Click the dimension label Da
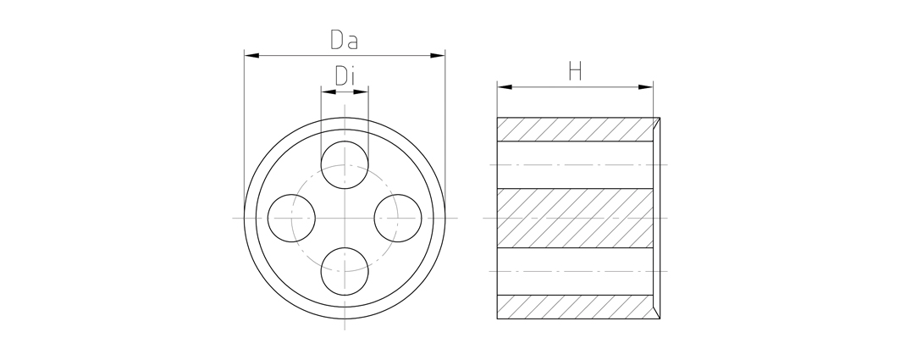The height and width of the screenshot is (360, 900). (x=344, y=39)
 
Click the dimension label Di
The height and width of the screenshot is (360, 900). (x=344, y=75)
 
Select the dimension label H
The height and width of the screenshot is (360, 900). (x=575, y=71)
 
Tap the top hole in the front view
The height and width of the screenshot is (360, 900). (x=345, y=165)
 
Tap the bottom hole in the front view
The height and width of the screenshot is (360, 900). (x=345, y=272)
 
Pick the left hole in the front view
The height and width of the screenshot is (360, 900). (x=291, y=219)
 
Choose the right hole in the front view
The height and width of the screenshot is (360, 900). (x=398, y=219)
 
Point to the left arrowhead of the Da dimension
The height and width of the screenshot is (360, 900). (x=251, y=56)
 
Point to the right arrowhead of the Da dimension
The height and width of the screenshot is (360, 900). (x=438, y=56)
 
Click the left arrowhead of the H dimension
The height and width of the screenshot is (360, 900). (x=505, y=87)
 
